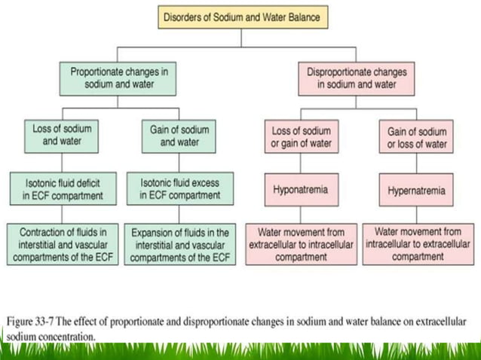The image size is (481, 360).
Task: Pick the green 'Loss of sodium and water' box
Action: (x=62, y=135)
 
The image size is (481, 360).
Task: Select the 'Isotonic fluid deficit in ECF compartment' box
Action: (x=62, y=188)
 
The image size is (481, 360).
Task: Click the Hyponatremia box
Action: (x=300, y=190)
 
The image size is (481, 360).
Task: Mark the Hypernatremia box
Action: (x=418, y=190)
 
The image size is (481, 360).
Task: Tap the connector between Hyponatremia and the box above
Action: (x=300, y=165)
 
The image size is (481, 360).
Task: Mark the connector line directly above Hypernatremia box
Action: (x=418, y=165)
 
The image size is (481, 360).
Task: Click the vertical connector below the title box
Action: (x=243, y=38)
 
